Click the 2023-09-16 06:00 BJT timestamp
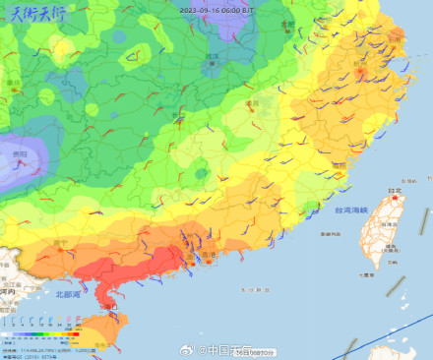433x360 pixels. point(215,8)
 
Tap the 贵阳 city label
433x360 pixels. point(20,154)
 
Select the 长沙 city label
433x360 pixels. point(178,115)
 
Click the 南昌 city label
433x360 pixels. point(253,102)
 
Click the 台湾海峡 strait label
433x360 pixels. point(350,210)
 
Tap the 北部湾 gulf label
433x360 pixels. point(70,294)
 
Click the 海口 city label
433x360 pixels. point(110,306)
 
